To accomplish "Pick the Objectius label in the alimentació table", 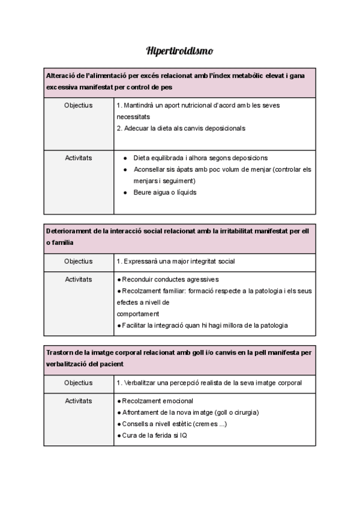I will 78,105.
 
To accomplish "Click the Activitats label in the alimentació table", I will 78,158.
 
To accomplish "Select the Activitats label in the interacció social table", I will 78,279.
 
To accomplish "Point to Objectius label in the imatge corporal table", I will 78,382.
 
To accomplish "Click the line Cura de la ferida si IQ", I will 154,435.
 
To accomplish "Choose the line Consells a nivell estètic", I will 174,424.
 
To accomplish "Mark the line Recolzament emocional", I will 158,400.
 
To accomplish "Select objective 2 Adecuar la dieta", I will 181,128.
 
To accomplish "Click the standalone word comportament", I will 138,313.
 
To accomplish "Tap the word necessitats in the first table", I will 133,116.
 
